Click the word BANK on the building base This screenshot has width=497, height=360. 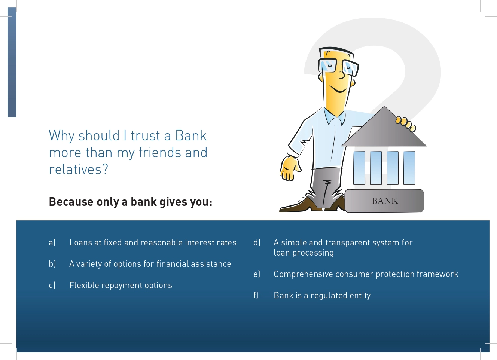pyautogui.click(x=385, y=201)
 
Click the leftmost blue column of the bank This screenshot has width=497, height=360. pyautogui.click(x=359, y=168)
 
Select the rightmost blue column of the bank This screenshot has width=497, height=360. pyautogui.click(x=409, y=168)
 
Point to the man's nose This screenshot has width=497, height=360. pyautogui.click(x=341, y=74)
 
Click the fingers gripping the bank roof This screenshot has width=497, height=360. pyautogui.click(x=406, y=124)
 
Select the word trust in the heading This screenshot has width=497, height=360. pyautogui.click(x=145, y=135)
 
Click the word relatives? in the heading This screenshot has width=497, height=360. pyautogui.click(x=78, y=169)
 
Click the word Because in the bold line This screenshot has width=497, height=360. pyautogui.click(x=71, y=202)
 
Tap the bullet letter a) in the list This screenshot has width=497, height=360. pyautogui.click(x=52, y=242)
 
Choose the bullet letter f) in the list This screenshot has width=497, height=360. pyautogui.click(x=256, y=295)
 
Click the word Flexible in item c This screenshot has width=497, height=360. pyautogui.click(x=84, y=285)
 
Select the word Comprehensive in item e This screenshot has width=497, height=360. pyautogui.click(x=304, y=274)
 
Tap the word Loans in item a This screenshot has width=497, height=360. pyautogui.click(x=81, y=242)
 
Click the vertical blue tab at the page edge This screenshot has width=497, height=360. pyautogui.click(x=12, y=62)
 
